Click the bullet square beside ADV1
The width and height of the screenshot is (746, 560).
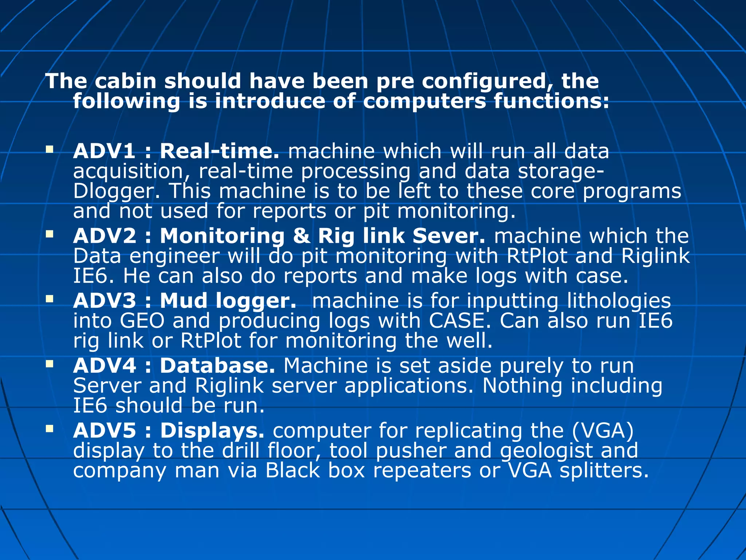coord(50,149)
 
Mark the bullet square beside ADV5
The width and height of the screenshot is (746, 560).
coord(50,428)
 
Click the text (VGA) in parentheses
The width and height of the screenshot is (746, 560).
coord(602,431)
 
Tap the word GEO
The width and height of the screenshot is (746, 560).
coord(142,321)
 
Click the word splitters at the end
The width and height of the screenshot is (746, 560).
coord(604,470)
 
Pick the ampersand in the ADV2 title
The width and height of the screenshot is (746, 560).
coord(301,236)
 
